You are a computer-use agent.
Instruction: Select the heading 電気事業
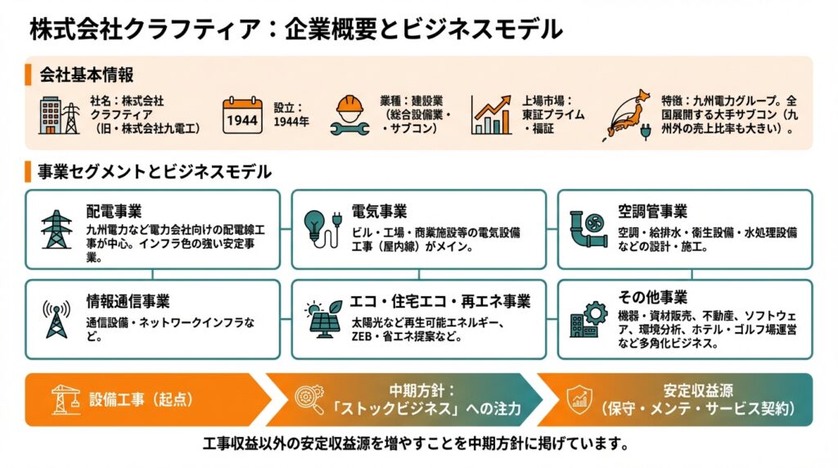pyautogui.click(x=380, y=212)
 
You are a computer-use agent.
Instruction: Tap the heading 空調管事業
pyautogui.click(x=652, y=212)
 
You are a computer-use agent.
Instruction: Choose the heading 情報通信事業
pyautogui.click(x=128, y=302)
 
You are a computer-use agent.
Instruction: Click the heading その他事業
pyautogui.click(x=652, y=296)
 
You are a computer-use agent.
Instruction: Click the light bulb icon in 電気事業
pyautogui.click(x=320, y=229)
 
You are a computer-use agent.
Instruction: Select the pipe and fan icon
pyautogui.click(x=588, y=230)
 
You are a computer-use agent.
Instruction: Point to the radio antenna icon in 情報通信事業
pyautogui.click(x=56, y=320)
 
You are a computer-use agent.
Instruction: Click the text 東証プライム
pyautogui.click(x=553, y=115)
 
